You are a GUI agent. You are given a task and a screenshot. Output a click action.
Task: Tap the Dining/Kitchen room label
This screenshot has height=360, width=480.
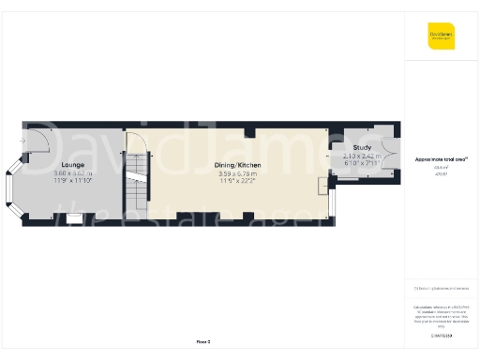pos(238,165)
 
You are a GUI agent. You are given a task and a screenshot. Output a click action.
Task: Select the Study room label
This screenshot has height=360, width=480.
pos(363,148)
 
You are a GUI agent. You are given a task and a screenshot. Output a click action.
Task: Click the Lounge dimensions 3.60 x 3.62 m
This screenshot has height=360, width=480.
pos(73,173)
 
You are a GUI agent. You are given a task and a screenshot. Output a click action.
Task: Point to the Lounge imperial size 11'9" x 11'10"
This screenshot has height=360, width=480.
pos(73,181)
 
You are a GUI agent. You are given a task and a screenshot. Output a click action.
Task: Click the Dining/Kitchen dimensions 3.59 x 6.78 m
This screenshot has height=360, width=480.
pos(238,173)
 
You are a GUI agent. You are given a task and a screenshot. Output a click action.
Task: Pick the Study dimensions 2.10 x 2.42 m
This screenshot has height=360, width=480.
pos(363,156)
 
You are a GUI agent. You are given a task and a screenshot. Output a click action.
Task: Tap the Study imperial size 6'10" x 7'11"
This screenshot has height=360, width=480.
pos(363,163)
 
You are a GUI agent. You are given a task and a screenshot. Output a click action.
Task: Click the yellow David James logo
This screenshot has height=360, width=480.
pos(441,37)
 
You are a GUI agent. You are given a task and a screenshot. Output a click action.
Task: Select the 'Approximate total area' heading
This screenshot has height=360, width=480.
pos(441,159)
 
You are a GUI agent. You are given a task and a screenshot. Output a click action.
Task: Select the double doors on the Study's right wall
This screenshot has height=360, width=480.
pos(397,149)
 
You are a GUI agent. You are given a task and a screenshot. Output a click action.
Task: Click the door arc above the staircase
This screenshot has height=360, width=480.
pos(137,145)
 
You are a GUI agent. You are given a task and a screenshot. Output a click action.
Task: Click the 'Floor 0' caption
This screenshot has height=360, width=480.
pos(203,341)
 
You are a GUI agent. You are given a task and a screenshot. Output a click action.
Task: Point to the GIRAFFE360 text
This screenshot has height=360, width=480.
pos(441,334)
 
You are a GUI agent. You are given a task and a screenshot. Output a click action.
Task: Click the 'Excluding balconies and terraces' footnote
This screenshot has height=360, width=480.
pos(441,288)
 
